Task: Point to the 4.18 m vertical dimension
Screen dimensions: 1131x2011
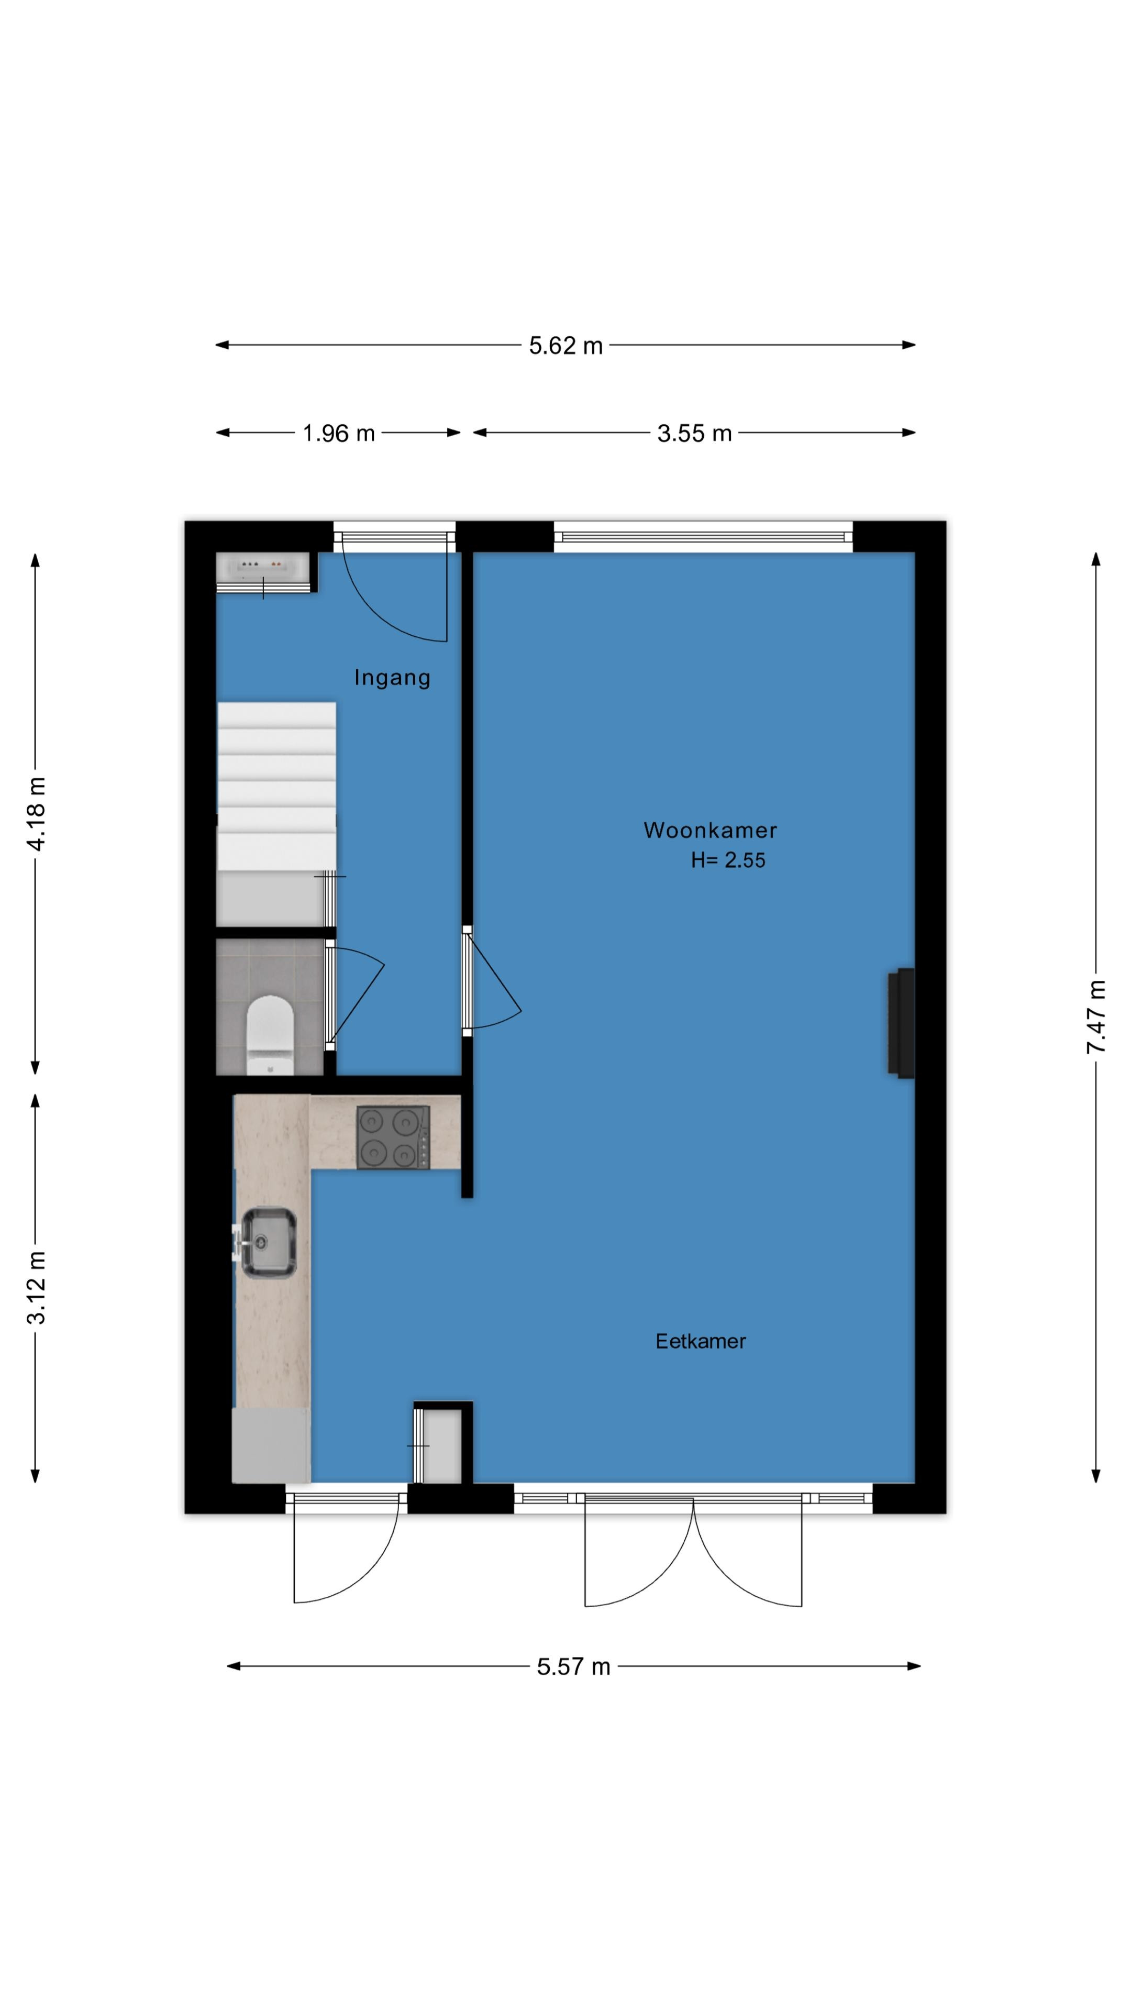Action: (x=36, y=813)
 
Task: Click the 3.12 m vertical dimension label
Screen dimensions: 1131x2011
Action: (x=36, y=1287)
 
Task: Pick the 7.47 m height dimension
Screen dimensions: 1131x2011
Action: (x=1096, y=1016)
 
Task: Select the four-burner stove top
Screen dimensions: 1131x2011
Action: (x=393, y=1136)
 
